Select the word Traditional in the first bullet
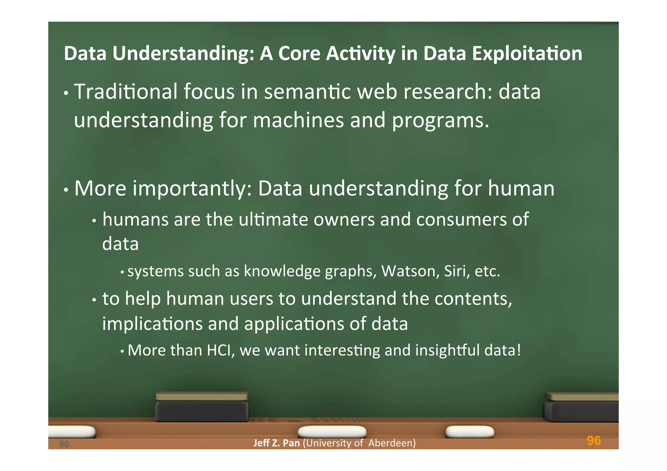pos(126,91)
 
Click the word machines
pos(298,120)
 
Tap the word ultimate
pos(273,219)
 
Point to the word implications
pos(152,324)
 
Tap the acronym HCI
pos(220,351)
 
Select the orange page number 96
pos(593,441)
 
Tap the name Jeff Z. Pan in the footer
pos(276,443)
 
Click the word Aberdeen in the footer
pos(392,443)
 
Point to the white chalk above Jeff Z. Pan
pos(332,432)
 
